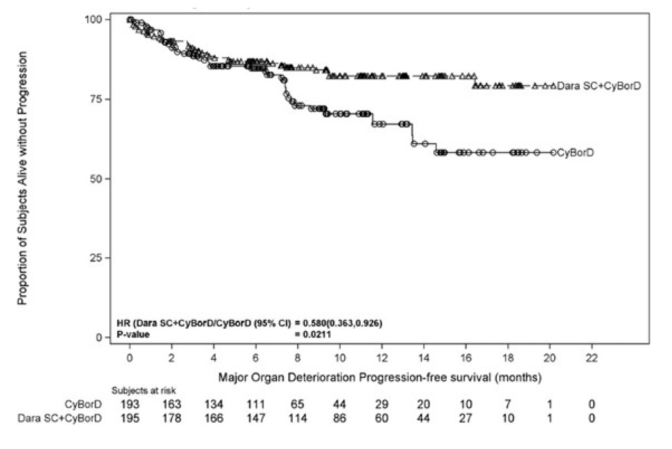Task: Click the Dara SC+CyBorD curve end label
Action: (599, 86)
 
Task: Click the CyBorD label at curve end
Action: (575, 153)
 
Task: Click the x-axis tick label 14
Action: (424, 358)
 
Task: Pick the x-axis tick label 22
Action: (592, 358)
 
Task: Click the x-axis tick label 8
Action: (297, 358)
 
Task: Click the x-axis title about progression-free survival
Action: (380, 377)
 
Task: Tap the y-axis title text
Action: (22, 178)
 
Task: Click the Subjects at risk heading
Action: (144, 391)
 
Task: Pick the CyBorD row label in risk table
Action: (83, 404)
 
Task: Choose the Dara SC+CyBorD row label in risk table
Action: (59, 418)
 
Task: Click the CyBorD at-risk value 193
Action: (130, 404)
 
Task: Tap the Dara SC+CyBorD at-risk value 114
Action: (297, 418)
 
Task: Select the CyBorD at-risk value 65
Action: (297, 404)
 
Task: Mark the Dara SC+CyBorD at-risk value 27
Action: (466, 418)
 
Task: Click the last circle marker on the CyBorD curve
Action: (553, 153)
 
